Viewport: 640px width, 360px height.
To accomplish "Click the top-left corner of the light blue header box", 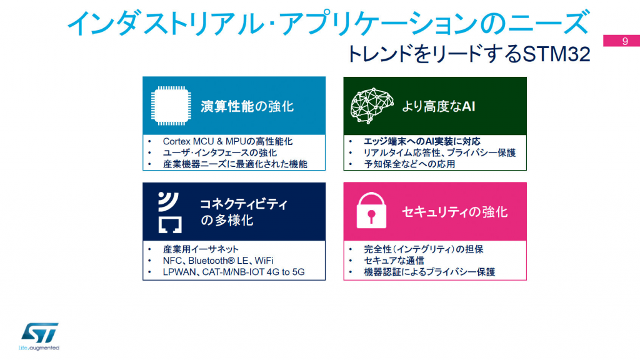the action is (x=142, y=77).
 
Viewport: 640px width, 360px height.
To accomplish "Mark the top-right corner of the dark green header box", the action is (x=526, y=77).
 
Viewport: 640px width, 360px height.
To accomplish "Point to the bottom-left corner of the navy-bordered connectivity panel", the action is (x=143, y=280).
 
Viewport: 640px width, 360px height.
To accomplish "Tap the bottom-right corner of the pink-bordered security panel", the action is (x=526, y=280).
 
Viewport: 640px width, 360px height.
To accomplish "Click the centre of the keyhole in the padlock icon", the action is (x=371, y=214).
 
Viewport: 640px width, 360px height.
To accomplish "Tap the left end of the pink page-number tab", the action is (x=604, y=41).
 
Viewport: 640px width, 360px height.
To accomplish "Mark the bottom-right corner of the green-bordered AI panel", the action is (x=526, y=170).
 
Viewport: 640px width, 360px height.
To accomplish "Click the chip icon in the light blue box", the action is (x=171, y=106).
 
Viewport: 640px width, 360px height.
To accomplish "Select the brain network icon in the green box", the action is (x=371, y=106).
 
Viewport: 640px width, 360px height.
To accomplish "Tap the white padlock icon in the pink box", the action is (x=371, y=210).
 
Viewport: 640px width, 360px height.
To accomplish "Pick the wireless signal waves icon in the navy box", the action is (x=167, y=201).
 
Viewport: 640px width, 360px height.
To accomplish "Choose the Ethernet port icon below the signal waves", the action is (x=170, y=225).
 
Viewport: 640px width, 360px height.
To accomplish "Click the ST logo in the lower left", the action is (x=39, y=332).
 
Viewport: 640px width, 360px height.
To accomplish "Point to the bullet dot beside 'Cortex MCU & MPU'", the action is (x=149, y=142).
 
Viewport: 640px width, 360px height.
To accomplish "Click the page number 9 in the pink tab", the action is (x=625, y=41).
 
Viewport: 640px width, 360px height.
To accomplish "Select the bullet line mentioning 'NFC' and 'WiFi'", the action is (x=218, y=261).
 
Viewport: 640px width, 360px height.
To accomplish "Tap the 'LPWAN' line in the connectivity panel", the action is (x=234, y=272).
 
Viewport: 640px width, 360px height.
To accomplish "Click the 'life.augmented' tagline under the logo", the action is (x=39, y=348).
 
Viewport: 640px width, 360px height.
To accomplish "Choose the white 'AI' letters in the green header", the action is (x=468, y=106).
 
